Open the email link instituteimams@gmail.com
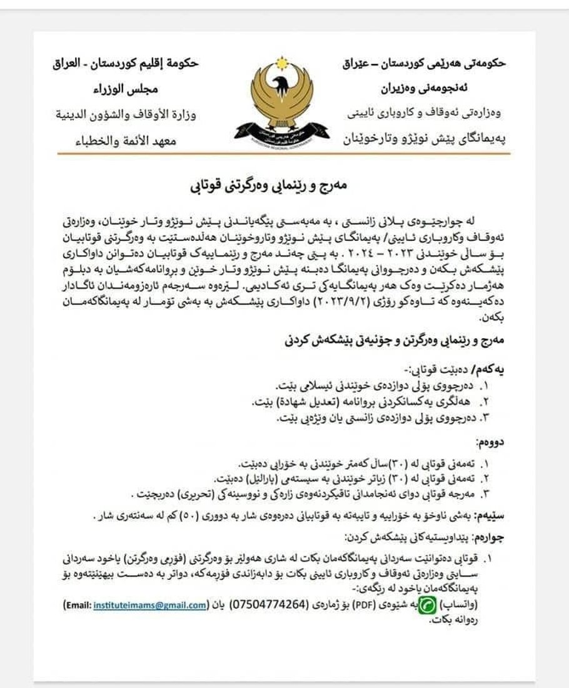[150, 605]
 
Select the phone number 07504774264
[269, 605]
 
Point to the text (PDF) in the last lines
[365, 605]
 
